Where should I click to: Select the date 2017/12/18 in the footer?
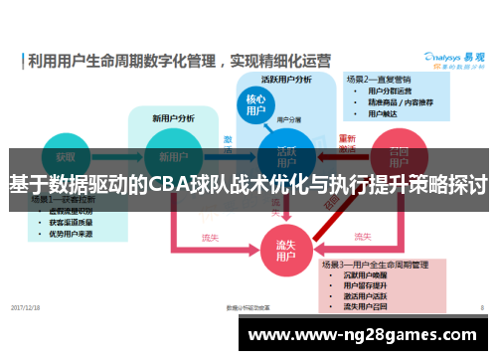[25, 308]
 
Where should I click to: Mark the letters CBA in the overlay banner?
[171, 185]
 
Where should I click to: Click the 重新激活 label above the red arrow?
[348, 142]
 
